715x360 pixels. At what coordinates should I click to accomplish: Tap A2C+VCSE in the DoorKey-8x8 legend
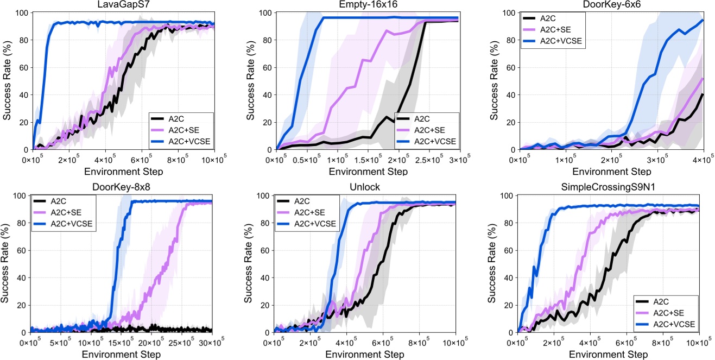pyautogui.click(x=70, y=223)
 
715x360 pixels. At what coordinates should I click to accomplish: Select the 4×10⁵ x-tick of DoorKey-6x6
pyautogui.click(x=704, y=161)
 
